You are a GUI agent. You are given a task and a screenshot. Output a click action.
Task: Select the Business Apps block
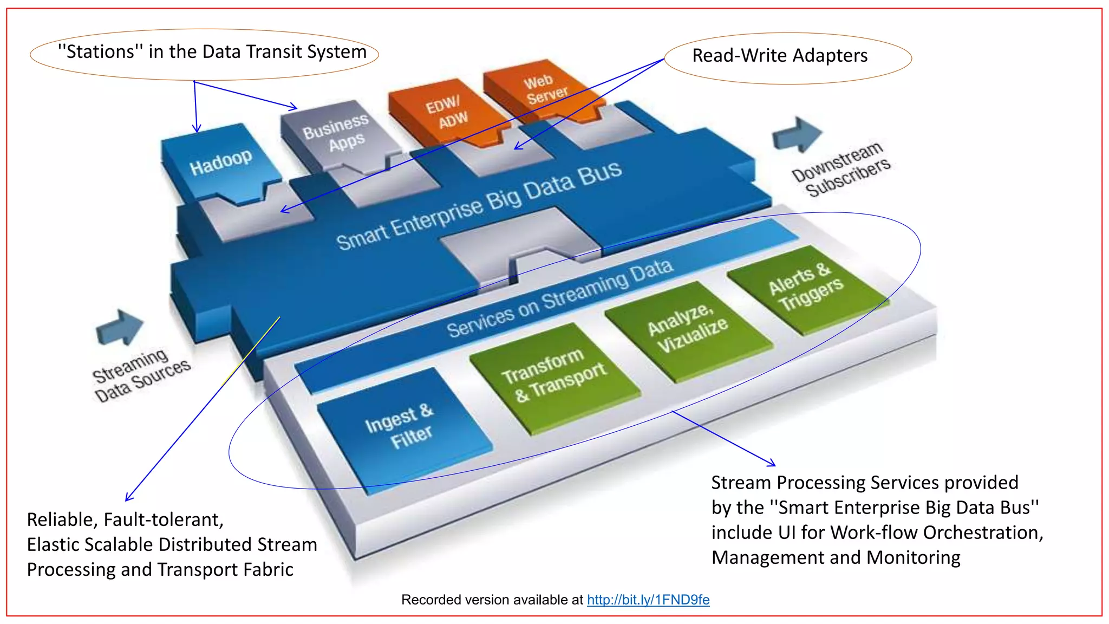pos(335,133)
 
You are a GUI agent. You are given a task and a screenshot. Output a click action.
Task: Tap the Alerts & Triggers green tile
pos(805,287)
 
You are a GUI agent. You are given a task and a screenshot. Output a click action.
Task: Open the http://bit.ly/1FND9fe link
pos(648,600)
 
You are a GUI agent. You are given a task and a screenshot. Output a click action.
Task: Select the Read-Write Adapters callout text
pos(780,55)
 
